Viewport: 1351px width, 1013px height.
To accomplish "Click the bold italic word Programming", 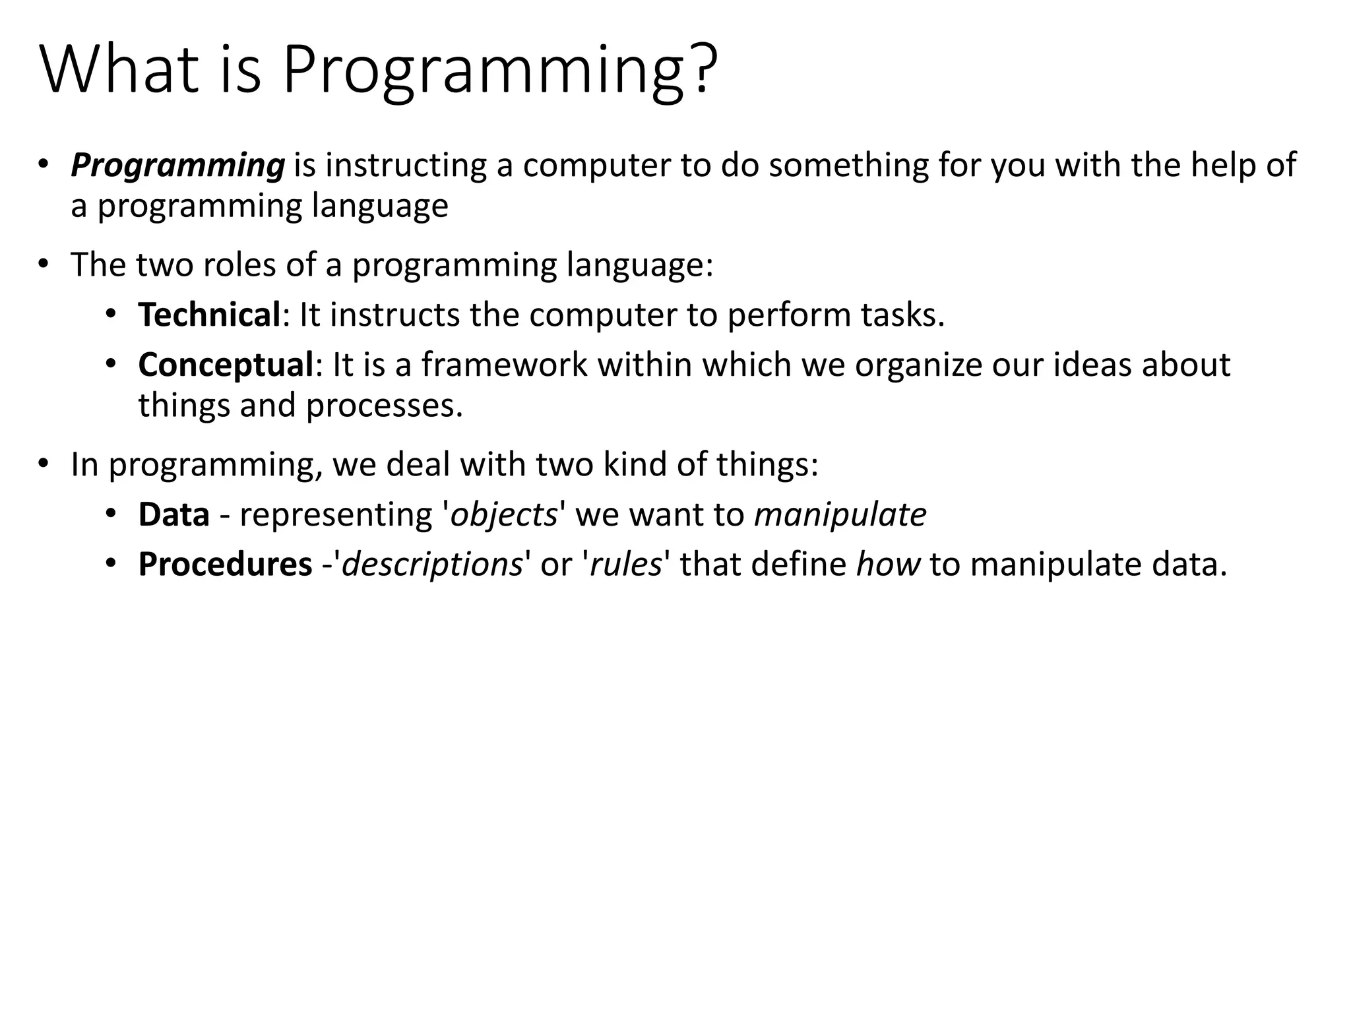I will pyautogui.click(x=177, y=166).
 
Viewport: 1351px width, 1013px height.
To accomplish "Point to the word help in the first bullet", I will pyautogui.click(x=1221, y=166).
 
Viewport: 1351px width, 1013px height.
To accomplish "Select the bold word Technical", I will pyautogui.click(x=209, y=315).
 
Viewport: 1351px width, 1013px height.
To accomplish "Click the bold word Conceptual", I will pyautogui.click(x=225, y=365).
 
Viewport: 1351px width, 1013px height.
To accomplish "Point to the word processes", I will pyautogui.click(x=384, y=405).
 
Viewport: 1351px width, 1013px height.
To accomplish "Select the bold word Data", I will pyautogui.click(x=173, y=514).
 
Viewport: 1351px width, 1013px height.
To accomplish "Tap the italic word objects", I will pyautogui.click(x=503, y=514).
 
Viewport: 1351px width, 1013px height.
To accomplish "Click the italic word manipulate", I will pyautogui.click(x=840, y=514).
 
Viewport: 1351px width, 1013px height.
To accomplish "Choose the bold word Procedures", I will pyautogui.click(x=225, y=565).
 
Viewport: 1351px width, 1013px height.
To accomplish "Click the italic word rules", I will pyautogui.click(x=625, y=565).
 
